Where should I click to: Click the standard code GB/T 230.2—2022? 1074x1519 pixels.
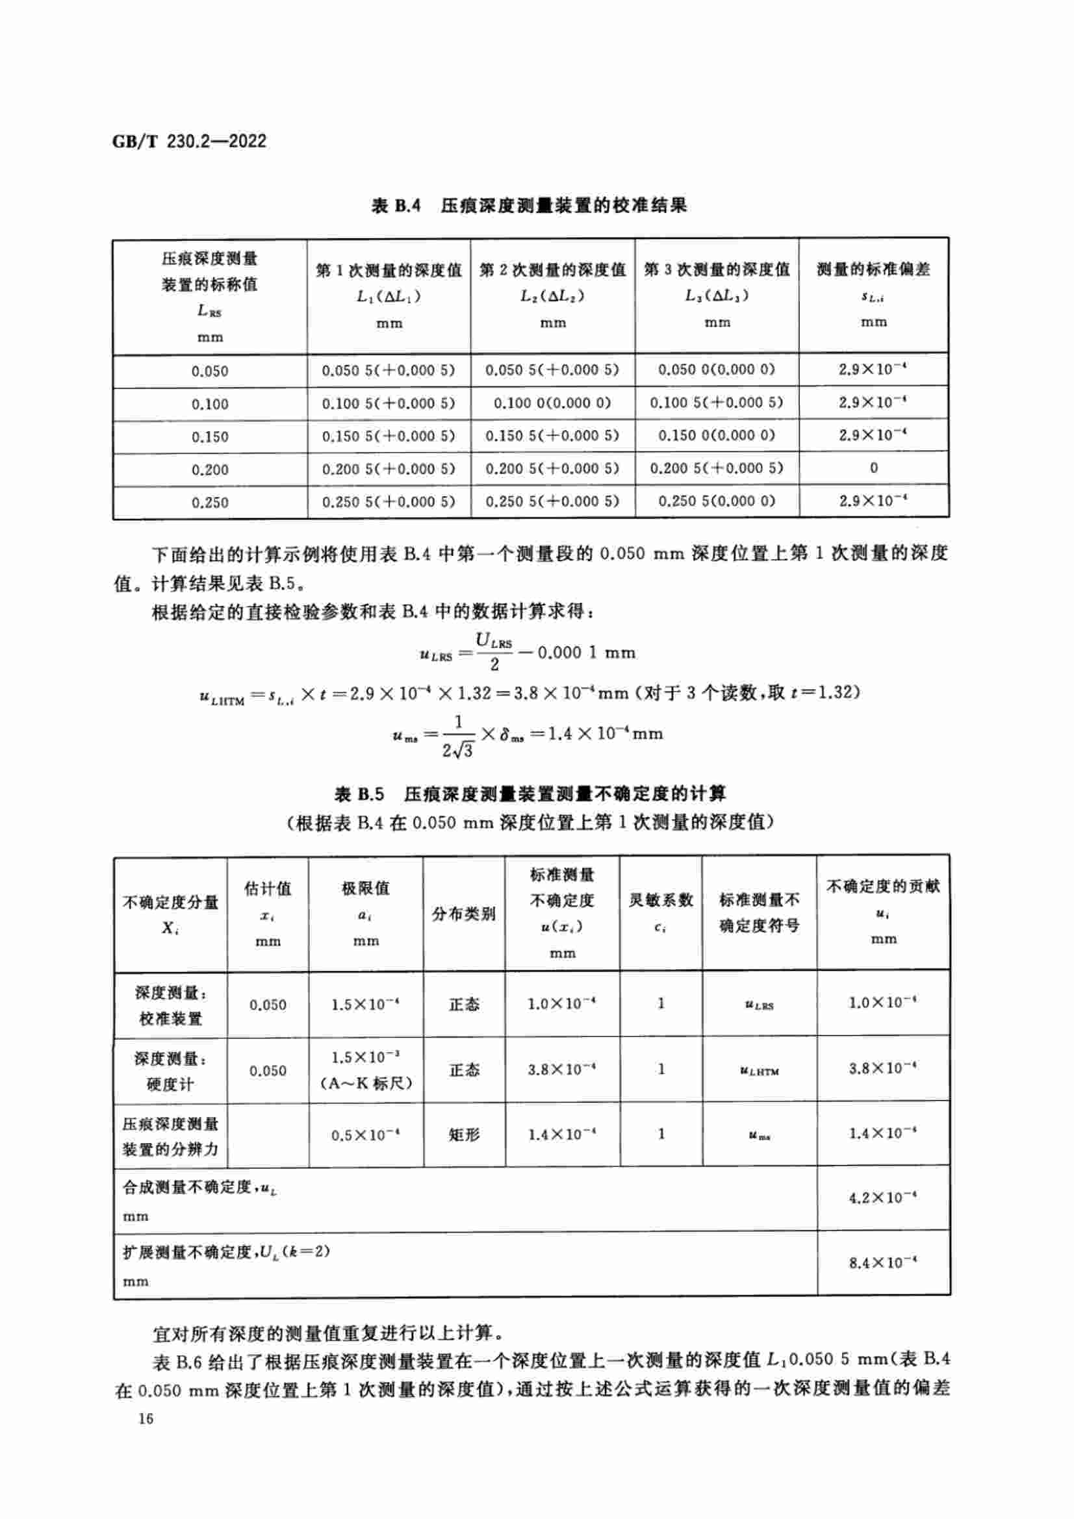pos(189,141)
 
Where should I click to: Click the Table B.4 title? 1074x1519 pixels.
pos(530,206)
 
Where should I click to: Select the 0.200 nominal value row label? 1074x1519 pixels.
pos(210,470)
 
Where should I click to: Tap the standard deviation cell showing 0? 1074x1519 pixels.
pos(873,468)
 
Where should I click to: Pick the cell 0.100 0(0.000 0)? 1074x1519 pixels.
pos(552,403)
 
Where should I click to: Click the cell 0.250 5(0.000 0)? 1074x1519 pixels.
pos(717,501)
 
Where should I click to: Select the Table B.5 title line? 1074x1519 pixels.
pos(530,793)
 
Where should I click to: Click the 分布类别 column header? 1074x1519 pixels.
pos(464,914)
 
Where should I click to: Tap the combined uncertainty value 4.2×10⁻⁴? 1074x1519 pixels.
pos(883,1198)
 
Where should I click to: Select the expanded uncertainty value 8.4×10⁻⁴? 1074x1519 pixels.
pos(883,1263)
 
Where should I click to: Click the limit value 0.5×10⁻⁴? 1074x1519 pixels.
pos(366,1135)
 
